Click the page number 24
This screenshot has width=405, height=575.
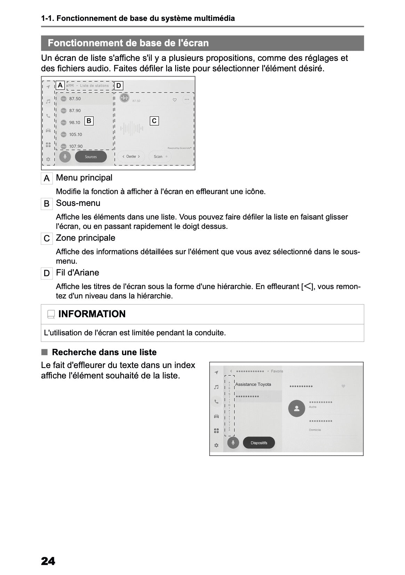[x=48, y=561]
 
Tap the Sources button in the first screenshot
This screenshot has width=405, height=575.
[x=91, y=157]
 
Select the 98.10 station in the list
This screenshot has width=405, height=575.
[x=74, y=122]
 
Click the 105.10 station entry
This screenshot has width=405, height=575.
[x=75, y=134]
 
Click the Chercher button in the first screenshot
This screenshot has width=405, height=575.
[x=131, y=157]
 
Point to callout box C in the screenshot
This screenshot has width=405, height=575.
[x=154, y=121]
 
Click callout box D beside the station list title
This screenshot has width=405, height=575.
[x=119, y=86]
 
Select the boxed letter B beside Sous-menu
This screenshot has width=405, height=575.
[x=47, y=204]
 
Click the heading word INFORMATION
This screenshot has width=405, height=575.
[x=92, y=314]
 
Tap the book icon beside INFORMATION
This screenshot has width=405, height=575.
[x=51, y=314]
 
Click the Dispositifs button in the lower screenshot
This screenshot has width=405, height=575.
[x=259, y=443]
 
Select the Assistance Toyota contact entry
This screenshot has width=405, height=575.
[x=253, y=384]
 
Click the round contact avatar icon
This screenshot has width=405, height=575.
[x=297, y=409]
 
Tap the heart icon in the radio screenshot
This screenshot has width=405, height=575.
[x=175, y=100]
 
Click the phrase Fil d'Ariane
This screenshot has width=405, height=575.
[x=78, y=272]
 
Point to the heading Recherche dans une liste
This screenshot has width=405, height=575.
[x=104, y=352]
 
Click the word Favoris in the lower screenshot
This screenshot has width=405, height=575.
[x=277, y=371]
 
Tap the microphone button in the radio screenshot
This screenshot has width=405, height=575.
[x=65, y=157]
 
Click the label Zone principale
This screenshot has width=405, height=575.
[x=86, y=238]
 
